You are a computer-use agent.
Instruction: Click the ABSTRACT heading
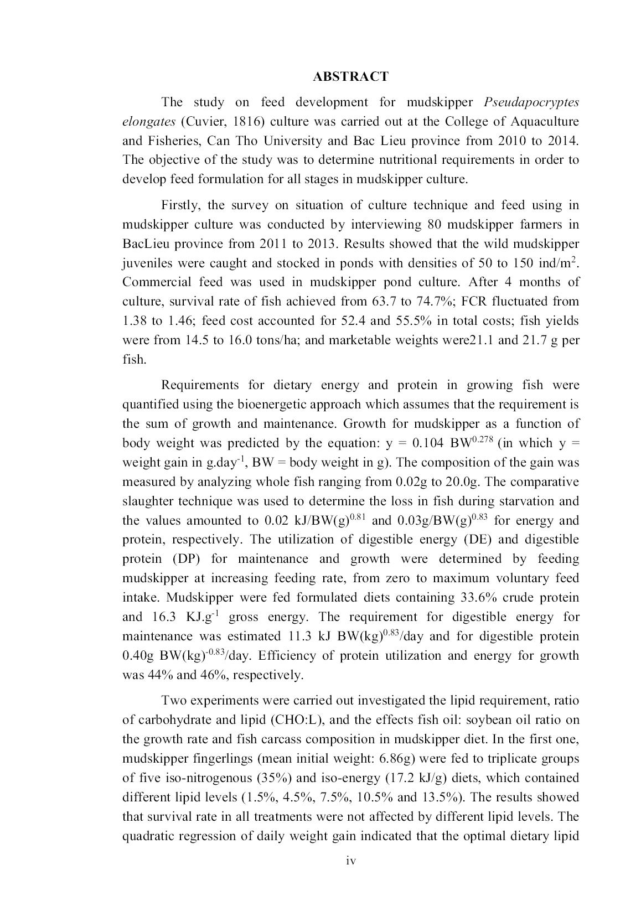pyautogui.click(x=350, y=77)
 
